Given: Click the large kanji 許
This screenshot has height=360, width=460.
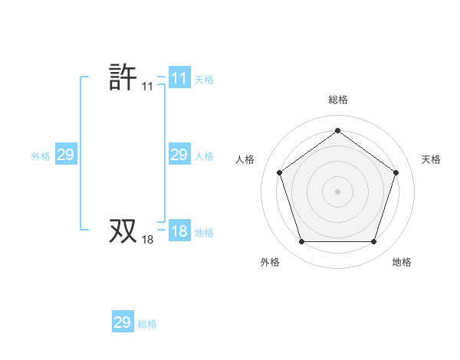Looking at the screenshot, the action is point(123,77).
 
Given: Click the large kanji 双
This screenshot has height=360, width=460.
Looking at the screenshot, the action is point(123,231).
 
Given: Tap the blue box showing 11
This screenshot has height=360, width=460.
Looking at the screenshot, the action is point(179,78).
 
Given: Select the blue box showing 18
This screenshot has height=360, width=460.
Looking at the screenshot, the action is point(179,231).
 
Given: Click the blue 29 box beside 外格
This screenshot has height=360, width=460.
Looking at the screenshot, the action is point(65,155).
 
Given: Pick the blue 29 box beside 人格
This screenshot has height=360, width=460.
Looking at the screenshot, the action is point(179,155).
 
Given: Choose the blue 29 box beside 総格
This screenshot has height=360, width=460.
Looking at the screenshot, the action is point(123,322).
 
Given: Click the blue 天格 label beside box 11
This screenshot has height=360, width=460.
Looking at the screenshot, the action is point(204,79).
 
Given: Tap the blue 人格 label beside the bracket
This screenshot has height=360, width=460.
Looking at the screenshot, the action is point(204,155).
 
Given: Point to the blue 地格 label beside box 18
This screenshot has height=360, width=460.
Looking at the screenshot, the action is point(204,232).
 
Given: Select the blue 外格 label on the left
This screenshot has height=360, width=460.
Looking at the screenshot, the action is point(41,155).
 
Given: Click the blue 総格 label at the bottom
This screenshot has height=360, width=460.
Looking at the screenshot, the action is point(147,323).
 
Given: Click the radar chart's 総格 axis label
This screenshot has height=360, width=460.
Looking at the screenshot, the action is point(337,100).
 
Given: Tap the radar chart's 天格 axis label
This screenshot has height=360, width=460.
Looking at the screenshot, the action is point(431,159).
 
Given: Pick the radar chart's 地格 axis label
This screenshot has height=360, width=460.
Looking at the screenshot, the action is point(402,262).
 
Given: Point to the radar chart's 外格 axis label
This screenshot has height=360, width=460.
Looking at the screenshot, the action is point(270,262).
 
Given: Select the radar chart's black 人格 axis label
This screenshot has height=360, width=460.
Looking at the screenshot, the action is point(245,159).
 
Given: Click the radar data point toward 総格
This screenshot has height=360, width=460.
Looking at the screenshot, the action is point(337,131).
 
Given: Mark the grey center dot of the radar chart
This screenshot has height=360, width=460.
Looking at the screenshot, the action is point(337,191).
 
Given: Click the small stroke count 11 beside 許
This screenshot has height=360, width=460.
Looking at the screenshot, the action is point(147,87).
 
